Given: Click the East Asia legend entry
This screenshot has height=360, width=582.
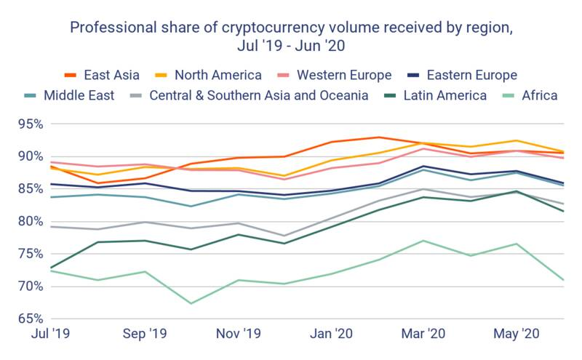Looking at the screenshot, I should click(95, 75).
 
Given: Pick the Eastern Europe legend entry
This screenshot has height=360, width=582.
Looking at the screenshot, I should click(462, 75).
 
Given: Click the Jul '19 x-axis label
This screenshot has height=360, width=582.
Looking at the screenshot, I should click(49, 335).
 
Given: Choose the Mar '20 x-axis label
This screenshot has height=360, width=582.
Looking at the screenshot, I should click(425, 335).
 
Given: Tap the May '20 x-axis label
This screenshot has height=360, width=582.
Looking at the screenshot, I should click(517, 335).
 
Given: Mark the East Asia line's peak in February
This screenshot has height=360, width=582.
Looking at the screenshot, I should click(378, 137).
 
